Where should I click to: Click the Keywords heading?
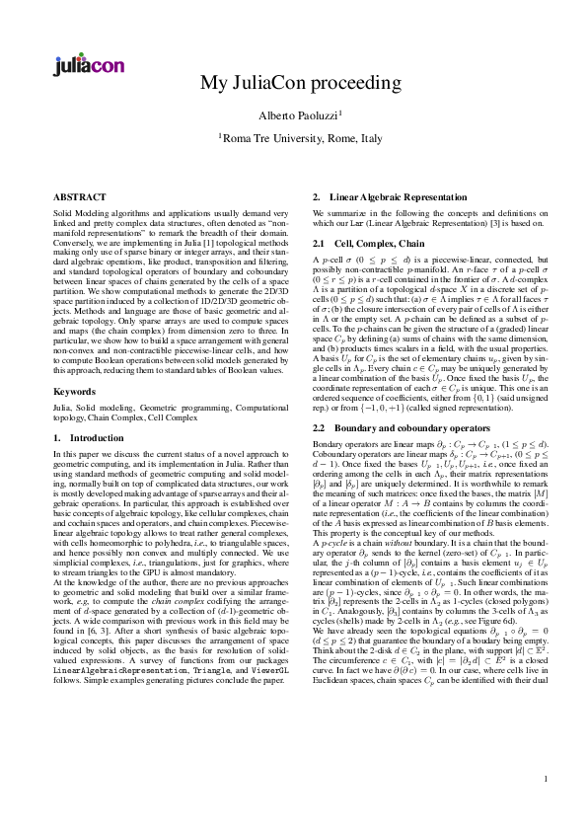(75, 392)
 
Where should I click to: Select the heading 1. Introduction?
(88, 436)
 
